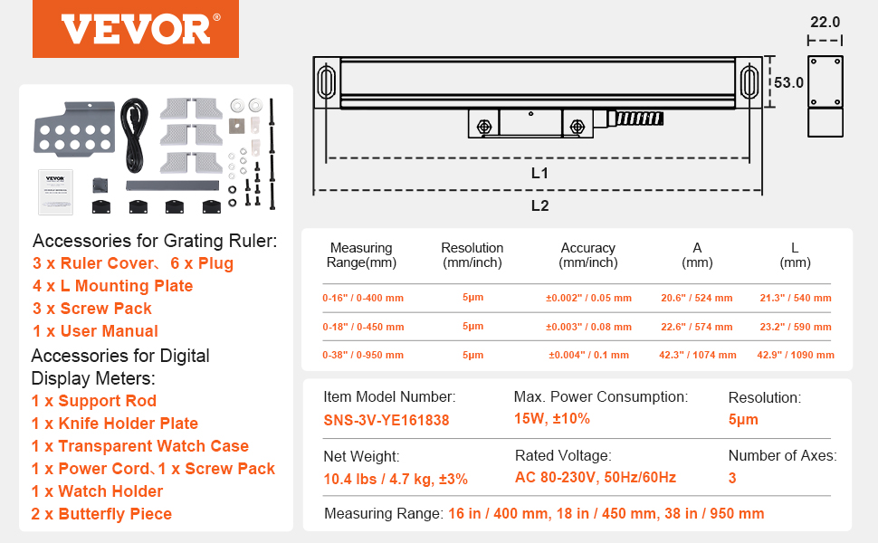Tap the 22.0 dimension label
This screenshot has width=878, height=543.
825,22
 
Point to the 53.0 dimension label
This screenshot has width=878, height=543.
788,82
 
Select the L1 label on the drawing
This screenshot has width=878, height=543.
539,172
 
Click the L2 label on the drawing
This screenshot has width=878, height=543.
539,205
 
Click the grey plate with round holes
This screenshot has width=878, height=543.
74,130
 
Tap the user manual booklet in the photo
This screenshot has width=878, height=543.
54,191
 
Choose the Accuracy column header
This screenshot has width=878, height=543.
587,254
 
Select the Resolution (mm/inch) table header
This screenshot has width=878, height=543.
472,254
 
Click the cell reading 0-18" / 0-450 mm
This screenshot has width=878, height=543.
363,326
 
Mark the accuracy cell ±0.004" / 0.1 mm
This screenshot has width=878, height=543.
587,355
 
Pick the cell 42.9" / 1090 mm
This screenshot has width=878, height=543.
795,355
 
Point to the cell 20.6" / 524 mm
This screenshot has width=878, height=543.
696,298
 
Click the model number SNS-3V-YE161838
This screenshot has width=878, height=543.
386,420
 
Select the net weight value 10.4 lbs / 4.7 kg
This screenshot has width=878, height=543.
396,479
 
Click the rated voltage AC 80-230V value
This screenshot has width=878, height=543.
595,478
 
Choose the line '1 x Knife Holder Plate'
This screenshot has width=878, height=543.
114,424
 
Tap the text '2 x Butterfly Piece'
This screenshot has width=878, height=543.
101,514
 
